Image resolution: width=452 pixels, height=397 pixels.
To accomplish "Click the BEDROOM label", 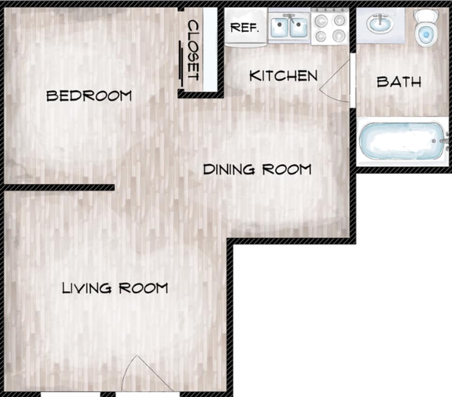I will pyautogui.click(x=89, y=96).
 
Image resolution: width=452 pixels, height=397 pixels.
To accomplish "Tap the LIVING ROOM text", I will pyautogui.click(x=115, y=288).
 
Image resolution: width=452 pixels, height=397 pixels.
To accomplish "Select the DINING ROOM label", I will pyautogui.click(x=257, y=169).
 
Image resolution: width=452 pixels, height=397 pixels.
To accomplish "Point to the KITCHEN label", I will pyautogui.click(x=283, y=75).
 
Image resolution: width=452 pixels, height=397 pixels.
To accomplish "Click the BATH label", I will pyautogui.click(x=399, y=82).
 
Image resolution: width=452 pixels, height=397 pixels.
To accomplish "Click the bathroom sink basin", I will pyautogui.click(x=380, y=24).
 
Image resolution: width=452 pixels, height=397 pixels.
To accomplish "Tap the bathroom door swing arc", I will pyautogui.click(x=336, y=81).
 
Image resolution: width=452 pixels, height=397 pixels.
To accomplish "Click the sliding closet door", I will pyautogui.click(x=181, y=63).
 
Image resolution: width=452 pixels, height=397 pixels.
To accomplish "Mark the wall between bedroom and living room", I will pyautogui.click(x=59, y=187).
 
